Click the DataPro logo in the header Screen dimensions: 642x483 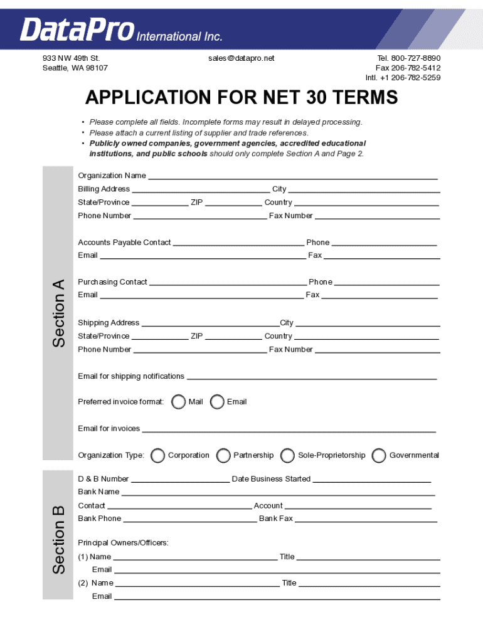(x=77, y=29)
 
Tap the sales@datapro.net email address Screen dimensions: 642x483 (x=242, y=58)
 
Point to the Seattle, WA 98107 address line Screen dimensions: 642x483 (x=75, y=68)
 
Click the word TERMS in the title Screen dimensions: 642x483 (x=363, y=98)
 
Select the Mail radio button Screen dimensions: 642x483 (x=179, y=402)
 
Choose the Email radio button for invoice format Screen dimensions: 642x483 (x=217, y=402)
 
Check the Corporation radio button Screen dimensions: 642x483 (x=158, y=456)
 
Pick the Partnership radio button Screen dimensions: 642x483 (x=223, y=456)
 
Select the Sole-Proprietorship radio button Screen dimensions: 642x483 (x=288, y=456)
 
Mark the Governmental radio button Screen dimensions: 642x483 (x=379, y=456)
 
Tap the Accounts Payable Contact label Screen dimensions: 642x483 (x=124, y=243)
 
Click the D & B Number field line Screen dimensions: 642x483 (x=180, y=481)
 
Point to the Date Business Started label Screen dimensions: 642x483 (x=271, y=479)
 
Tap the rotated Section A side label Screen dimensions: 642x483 (x=58, y=313)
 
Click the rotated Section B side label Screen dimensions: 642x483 (x=58, y=539)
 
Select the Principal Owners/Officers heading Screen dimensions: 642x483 (x=123, y=542)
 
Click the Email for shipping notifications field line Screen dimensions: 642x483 (x=312, y=378)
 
